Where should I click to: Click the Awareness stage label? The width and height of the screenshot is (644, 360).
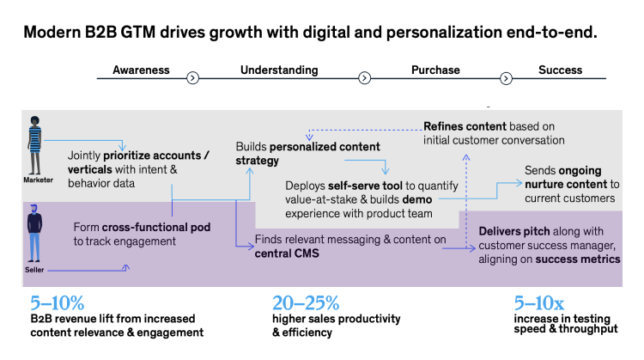[141, 70]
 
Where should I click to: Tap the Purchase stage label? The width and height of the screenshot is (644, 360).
[435, 70]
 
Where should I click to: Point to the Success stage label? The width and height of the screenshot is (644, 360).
[560, 70]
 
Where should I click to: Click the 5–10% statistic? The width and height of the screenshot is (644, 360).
[58, 302]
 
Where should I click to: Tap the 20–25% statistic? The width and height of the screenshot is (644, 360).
[306, 302]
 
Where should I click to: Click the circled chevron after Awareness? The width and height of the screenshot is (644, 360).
[193, 78]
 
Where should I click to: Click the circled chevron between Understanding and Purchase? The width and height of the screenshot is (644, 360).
[364, 78]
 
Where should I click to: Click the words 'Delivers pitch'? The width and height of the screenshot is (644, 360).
[495, 230]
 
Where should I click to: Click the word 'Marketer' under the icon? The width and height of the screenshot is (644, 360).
[38, 180]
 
